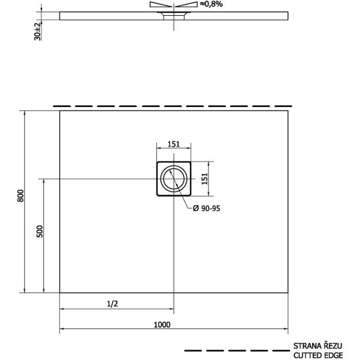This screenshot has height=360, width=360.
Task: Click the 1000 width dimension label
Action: coord(162,325)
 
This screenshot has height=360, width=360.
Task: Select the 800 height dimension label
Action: coord(20,196)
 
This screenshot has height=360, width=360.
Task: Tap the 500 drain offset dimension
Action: coord(39,231)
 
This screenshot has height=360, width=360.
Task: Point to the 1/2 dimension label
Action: coord(112,304)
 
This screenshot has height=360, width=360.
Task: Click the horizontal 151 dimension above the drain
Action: coord(173,144)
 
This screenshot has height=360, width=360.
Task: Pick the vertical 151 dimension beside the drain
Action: coord(204,179)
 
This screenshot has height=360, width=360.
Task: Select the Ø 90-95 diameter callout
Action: coord(206,208)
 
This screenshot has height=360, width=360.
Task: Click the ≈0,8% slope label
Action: coord(212,4)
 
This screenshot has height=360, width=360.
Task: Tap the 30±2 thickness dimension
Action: coord(37,32)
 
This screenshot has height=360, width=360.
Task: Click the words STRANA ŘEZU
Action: coord(318,346)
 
